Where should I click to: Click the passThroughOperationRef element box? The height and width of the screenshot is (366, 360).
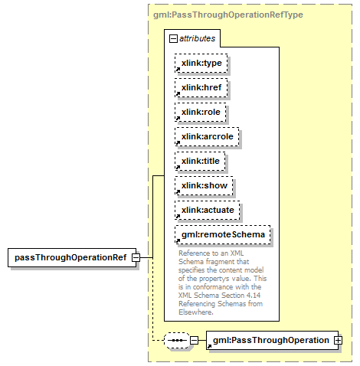click(72, 257)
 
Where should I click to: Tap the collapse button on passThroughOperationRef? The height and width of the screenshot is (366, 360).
click(136, 257)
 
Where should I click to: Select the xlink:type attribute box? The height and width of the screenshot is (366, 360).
click(201, 63)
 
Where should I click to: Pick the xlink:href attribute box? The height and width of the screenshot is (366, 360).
click(201, 87)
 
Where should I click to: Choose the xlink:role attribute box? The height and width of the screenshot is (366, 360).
click(201, 112)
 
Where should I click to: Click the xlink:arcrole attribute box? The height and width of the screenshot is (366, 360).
click(207, 136)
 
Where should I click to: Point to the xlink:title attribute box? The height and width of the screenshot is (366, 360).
click(200, 161)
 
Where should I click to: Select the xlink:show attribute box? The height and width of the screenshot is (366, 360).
click(204, 185)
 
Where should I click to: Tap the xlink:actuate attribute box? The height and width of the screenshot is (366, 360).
click(208, 210)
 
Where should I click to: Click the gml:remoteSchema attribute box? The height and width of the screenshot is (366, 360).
click(223, 234)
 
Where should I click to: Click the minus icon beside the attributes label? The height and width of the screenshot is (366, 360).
click(173, 39)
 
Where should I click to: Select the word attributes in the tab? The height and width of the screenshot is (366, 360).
click(197, 38)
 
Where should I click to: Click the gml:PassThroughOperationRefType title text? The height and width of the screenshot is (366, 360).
click(228, 15)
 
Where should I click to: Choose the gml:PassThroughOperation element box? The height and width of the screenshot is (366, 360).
click(272, 340)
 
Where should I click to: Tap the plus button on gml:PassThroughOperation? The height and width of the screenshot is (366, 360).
click(339, 340)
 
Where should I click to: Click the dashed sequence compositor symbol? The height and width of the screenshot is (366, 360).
click(177, 340)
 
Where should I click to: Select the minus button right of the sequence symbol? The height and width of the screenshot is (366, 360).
click(195, 340)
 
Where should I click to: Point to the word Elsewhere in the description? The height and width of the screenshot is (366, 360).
click(196, 312)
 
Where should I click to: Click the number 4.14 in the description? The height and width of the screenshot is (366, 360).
click(254, 296)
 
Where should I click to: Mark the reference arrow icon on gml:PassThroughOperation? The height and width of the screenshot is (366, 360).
click(209, 346)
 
